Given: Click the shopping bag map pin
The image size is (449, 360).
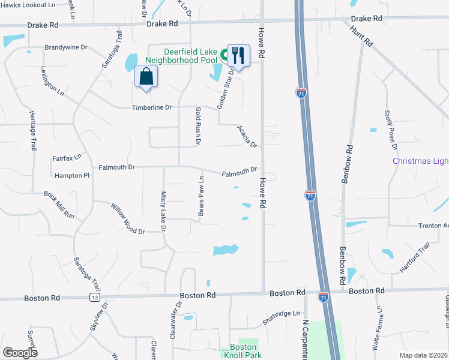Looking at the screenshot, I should click(146, 77).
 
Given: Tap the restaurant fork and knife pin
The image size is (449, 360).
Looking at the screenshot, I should click(239, 56).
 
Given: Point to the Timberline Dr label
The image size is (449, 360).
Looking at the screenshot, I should click(152, 107).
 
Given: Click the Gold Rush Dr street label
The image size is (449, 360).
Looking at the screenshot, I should click(197, 125).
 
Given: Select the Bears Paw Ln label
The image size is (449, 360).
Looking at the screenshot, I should click(202, 196).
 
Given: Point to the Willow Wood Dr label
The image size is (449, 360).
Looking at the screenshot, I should click(127, 219).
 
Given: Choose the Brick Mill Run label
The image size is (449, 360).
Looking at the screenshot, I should click(59, 205).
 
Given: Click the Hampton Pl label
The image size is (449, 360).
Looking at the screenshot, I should click(71, 176).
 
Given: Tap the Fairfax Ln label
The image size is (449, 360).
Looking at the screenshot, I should click(67, 158).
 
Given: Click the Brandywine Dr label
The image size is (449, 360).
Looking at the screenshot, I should click(66, 47).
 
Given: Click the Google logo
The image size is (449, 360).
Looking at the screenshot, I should click(20, 352).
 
